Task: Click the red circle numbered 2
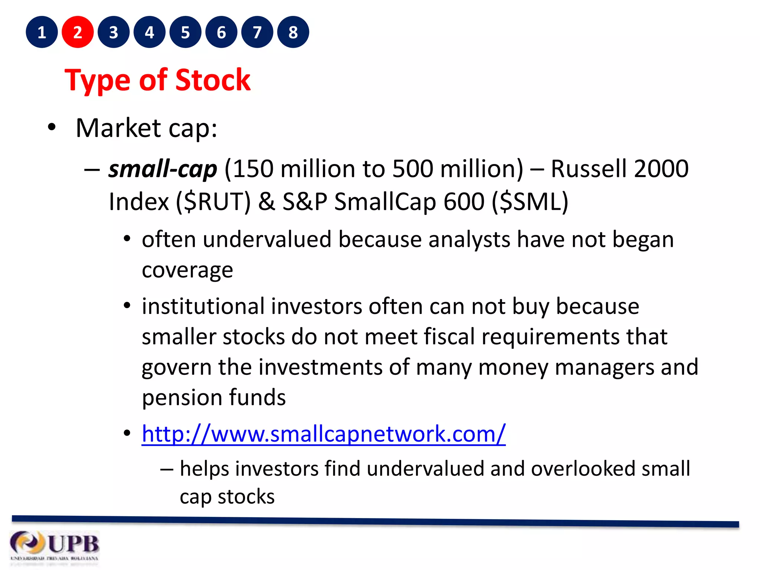pos(78,32)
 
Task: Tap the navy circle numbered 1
pos(42,32)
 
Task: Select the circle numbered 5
pos(185,32)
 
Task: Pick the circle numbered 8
pos(293,32)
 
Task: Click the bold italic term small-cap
pos(163,169)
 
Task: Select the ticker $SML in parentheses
pos(530,202)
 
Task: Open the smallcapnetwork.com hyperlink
pos(324,433)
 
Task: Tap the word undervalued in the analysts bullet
pos(267,239)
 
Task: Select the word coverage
pos(187,270)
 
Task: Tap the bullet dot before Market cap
pos(52,128)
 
